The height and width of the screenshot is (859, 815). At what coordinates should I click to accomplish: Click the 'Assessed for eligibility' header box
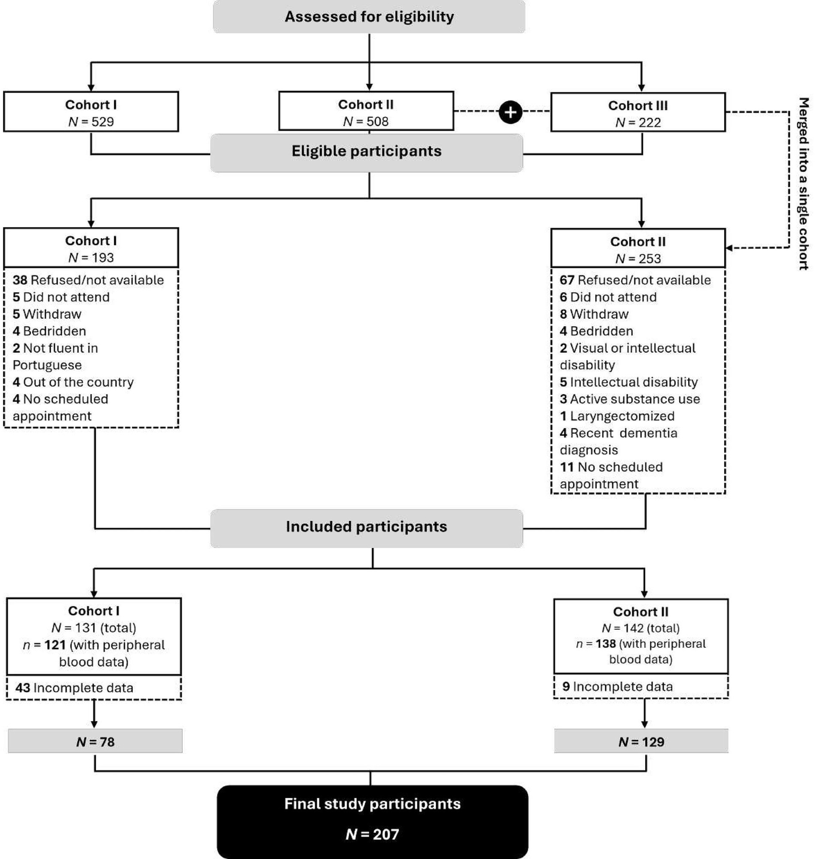click(369, 16)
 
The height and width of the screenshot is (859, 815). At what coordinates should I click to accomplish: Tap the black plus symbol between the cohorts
click(510, 112)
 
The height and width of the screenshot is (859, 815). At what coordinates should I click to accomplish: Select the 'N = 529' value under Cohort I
click(91, 122)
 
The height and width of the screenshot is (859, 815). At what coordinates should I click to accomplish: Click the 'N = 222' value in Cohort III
click(638, 123)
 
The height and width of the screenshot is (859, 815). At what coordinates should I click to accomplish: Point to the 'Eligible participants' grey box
click(366, 152)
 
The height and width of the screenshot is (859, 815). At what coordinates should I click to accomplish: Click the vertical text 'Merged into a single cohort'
click(803, 184)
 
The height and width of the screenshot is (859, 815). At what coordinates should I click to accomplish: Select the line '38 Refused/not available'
click(88, 280)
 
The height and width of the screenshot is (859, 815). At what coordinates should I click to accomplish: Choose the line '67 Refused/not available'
click(635, 280)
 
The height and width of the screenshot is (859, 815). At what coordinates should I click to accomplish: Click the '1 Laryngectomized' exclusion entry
click(617, 416)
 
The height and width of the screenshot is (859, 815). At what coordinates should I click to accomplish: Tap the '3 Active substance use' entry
click(630, 399)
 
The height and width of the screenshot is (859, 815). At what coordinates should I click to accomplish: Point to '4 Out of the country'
click(73, 382)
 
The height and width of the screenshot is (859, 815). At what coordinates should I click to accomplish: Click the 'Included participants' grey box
click(366, 527)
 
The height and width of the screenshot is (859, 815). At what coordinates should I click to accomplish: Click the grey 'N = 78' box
click(95, 742)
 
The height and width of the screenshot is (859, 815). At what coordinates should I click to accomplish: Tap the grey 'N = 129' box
click(641, 742)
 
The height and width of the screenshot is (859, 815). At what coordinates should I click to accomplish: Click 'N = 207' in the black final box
click(372, 835)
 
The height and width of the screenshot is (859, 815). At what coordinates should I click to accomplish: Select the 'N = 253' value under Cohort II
click(638, 258)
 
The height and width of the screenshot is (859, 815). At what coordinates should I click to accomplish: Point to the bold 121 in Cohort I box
click(55, 645)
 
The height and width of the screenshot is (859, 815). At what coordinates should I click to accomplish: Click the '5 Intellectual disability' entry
click(629, 382)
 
